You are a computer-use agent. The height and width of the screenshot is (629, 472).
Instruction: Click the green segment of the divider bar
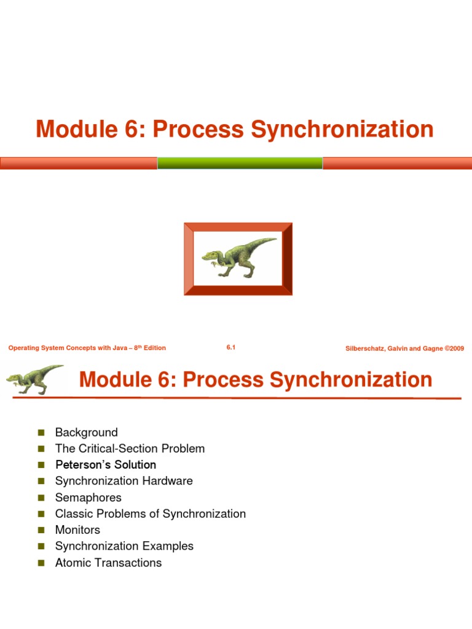coord(240,163)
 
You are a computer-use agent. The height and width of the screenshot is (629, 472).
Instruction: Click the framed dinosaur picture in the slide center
coord(238,259)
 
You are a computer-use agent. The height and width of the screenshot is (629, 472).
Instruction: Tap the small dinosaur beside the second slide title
coord(35,379)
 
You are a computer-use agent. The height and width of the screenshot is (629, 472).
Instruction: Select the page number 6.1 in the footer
coord(231,348)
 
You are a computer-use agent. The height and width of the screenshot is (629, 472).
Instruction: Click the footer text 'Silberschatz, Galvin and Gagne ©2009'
coord(404,348)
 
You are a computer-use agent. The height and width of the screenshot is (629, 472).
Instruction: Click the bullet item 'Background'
coord(86,432)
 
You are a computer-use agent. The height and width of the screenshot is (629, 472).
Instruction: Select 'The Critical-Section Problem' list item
coord(130,448)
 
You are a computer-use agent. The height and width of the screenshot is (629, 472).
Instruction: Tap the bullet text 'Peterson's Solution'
coord(105,465)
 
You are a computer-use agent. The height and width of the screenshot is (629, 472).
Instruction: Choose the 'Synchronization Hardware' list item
coord(124,481)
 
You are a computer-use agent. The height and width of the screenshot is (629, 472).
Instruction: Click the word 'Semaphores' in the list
coord(88,498)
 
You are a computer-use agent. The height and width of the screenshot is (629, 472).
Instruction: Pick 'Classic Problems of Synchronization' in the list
coord(150,514)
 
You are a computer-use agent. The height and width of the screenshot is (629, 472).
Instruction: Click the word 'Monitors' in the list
coord(77,529)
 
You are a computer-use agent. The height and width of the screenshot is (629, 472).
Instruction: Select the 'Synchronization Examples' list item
coord(124,546)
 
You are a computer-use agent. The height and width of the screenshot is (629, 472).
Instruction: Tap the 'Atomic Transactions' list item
coord(108,563)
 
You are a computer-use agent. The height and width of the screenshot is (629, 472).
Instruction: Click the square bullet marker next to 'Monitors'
coord(42,530)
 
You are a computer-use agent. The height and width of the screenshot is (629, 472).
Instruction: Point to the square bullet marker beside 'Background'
coord(42,433)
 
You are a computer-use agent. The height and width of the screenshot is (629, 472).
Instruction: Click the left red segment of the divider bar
coord(79,163)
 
